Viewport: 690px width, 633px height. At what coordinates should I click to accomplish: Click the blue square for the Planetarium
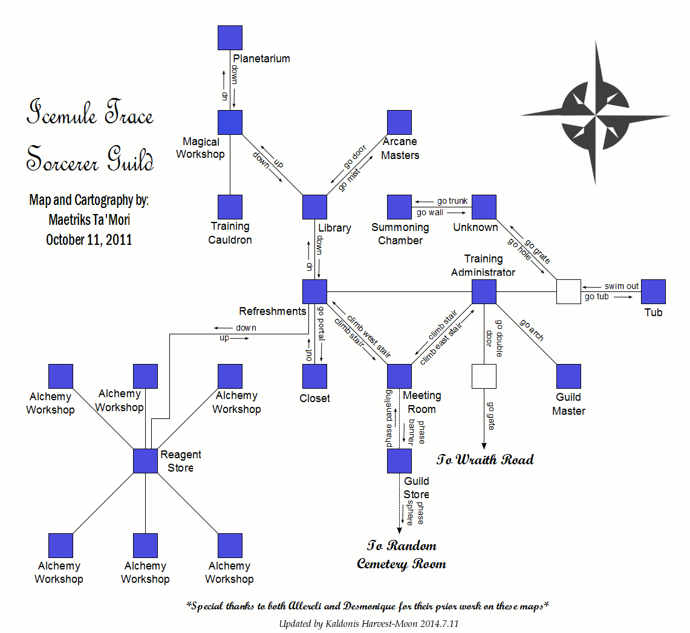tap(230, 37)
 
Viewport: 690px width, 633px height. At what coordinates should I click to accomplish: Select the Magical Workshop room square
tap(230, 122)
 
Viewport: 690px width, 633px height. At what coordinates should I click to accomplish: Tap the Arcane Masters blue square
tap(399, 122)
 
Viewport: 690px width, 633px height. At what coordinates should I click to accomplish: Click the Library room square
tap(314, 207)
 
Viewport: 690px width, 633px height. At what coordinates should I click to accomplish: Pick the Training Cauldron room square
tap(230, 207)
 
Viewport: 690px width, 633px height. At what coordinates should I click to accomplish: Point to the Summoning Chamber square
tap(399, 207)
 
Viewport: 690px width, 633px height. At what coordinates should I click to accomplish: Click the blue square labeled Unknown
tap(484, 207)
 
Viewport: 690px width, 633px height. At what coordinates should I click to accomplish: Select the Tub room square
tap(653, 291)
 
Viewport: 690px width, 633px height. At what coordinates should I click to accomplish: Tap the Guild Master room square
tap(568, 376)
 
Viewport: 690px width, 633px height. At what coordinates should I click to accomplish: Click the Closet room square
tap(314, 376)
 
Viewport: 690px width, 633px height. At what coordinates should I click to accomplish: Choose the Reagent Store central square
tap(145, 461)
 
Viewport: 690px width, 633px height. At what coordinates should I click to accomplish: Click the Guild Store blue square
tap(399, 461)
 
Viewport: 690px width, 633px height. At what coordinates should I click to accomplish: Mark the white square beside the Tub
tap(568, 291)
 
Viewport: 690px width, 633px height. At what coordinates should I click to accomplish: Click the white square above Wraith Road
tap(484, 376)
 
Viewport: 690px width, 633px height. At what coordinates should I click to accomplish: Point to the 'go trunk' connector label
tap(452, 201)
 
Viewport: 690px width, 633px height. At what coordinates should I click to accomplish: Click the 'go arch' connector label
tap(532, 329)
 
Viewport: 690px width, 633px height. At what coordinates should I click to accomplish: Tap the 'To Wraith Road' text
tap(485, 459)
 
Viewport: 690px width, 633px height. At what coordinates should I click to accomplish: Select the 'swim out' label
tap(621, 286)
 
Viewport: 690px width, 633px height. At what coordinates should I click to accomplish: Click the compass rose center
tap(596, 114)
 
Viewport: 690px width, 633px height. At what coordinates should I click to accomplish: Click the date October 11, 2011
tap(89, 240)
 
